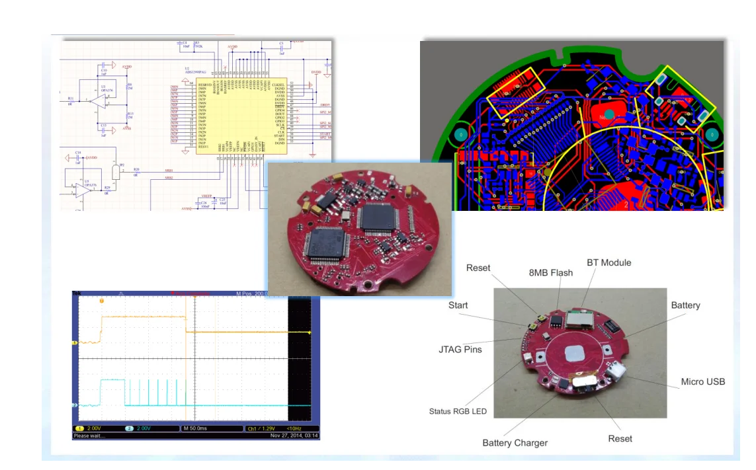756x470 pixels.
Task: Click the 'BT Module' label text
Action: point(609,262)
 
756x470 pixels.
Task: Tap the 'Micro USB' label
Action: point(702,381)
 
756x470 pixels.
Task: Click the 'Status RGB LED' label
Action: point(458,411)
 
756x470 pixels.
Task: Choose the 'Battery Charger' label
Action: point(515,442)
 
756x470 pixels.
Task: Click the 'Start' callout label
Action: point(458,305)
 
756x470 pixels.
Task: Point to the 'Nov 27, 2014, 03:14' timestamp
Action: point(294,436)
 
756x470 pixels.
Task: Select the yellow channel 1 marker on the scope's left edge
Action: point(75,342)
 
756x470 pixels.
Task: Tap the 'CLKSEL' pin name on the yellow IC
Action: point(278,85)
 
